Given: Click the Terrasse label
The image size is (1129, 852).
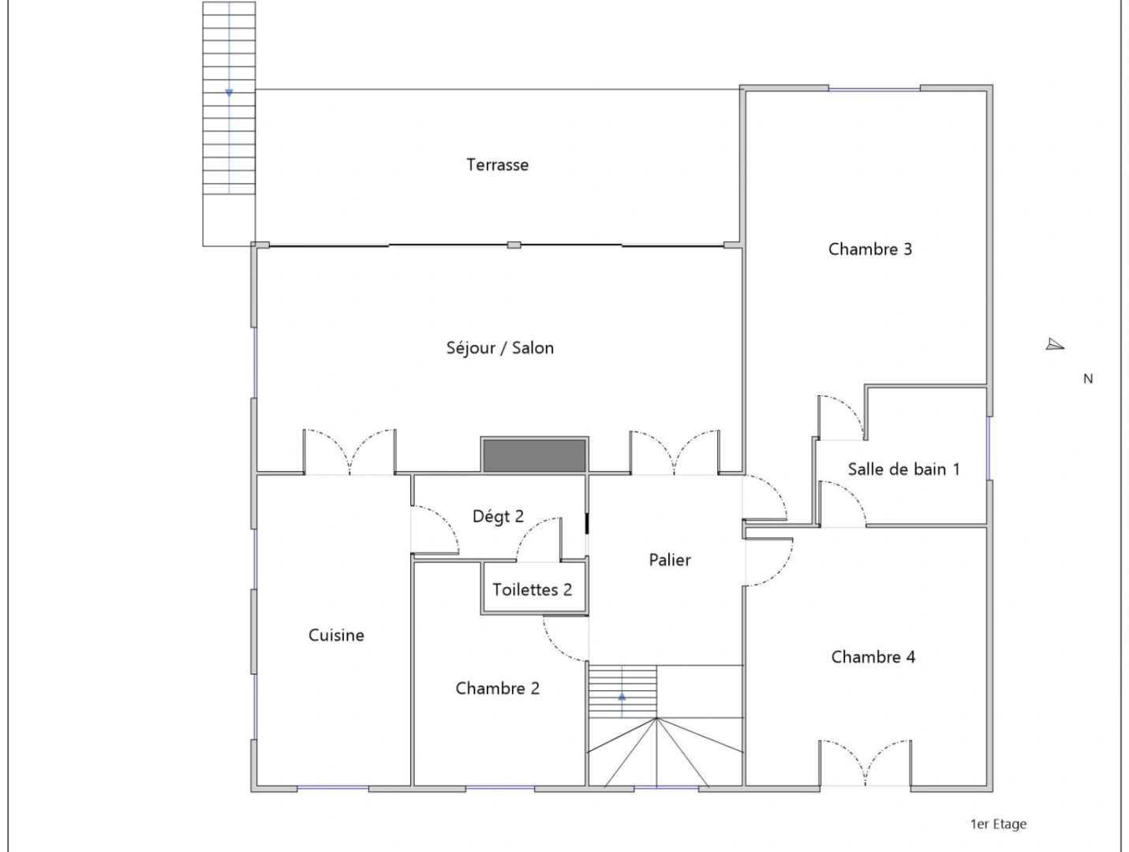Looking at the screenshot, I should point(497,165).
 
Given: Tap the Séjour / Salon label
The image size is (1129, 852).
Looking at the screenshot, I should point(499,348).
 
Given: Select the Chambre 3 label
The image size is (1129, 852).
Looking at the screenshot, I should point(869,249).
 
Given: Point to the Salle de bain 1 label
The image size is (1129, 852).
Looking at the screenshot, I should point(903,469).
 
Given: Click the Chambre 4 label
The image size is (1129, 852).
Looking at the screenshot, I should point(873,657).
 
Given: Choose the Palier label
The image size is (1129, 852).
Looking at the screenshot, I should point(669,560).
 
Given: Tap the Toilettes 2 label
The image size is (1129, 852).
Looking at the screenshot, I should point(532,590).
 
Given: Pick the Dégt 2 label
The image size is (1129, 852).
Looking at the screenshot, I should point(497,517).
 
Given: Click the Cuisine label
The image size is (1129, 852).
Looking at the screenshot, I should point(336,635).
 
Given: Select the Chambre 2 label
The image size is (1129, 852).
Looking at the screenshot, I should point(497,689).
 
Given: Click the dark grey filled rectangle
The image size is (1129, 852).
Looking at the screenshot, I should point(534,456).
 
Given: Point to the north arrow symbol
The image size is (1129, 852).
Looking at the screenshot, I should point(1055,345).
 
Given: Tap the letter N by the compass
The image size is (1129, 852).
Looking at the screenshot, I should point(1088,379).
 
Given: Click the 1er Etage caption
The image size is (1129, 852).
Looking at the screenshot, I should point(998,824).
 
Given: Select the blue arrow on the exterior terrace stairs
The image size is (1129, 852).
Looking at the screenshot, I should point(229,93).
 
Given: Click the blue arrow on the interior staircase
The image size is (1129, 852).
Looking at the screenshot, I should point(622,697).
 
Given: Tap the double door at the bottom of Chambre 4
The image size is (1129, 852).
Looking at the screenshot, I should point(865,763).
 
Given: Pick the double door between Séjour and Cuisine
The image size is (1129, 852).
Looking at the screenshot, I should point(350,454).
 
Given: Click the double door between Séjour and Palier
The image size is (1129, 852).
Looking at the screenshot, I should point(675,454).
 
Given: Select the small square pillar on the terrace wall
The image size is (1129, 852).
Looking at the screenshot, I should point(514,245).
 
